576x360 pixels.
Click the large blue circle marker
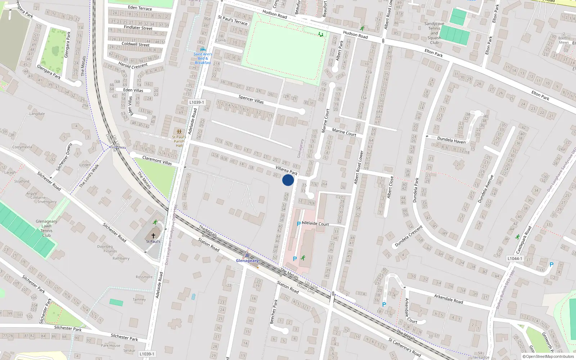(288, 180)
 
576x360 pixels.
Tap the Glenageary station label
(247, 261)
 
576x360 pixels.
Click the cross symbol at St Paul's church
(153, 235)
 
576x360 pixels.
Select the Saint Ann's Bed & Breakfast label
(203, 58)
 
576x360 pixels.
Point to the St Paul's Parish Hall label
(179, 141)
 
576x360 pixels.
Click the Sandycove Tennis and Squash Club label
(434, 33)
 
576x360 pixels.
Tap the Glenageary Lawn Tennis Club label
(46, 228)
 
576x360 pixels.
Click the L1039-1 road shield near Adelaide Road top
(197, 102)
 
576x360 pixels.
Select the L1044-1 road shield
(514, 258)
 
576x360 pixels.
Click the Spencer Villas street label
(251, 99)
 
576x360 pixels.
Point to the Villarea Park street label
(286, 170)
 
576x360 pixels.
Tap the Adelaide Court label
(315, 224)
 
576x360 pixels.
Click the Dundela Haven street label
(451, 140)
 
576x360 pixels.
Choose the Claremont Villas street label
(157, 160)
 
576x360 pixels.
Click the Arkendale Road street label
(448, 299)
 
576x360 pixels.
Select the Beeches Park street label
(274, 311)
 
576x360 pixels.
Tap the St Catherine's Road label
(404, 347)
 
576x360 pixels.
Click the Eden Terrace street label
(140, 8)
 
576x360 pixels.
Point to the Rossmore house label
(144, 277)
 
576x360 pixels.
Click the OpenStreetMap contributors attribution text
(550, 356)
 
